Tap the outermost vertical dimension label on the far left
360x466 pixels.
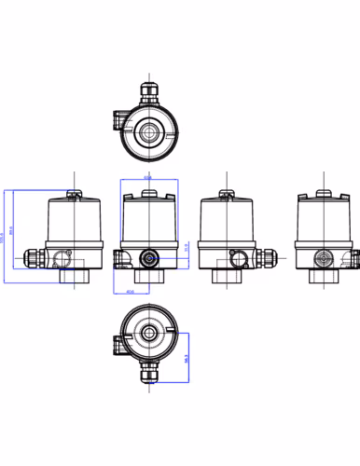(x=4, y=240)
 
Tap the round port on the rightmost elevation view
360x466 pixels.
(x=324, y=255)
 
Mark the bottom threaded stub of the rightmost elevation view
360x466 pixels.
(x=324, y=275)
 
